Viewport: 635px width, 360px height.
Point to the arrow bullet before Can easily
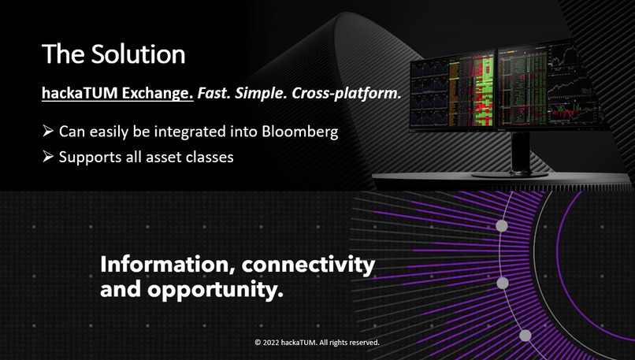point(47,132)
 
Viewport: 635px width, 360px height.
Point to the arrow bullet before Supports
point(47,157)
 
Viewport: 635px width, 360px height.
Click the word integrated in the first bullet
point(189,132)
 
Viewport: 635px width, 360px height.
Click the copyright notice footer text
point(317,343)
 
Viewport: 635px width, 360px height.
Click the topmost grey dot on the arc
point(501,226)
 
